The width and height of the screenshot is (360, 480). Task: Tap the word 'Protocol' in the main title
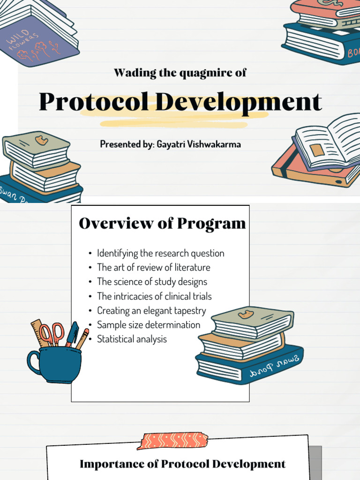point(94,102)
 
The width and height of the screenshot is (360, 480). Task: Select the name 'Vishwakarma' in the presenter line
point(214,144)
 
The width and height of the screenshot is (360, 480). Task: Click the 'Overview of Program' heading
point(162,223)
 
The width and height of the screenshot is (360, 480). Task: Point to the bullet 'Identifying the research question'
point(161,254)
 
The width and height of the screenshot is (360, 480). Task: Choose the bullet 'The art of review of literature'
point(154,268)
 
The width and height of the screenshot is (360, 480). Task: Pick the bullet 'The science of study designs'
point(152,282)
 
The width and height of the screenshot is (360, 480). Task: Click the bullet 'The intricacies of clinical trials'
point(154,296)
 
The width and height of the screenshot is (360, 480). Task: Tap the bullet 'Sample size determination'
point(149,325)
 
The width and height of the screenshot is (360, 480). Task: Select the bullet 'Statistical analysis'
point(132,339)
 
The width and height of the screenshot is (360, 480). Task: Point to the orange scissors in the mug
point(52,334)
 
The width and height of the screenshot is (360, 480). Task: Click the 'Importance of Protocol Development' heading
point(182,464)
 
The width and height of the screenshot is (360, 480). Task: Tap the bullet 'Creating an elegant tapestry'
point(151,311)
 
